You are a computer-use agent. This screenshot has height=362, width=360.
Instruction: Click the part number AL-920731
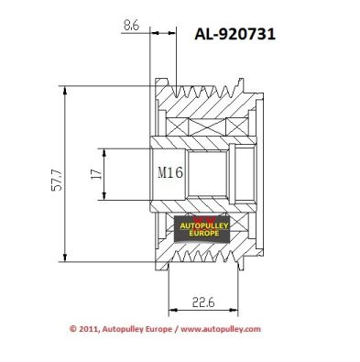click(x=235, y=34)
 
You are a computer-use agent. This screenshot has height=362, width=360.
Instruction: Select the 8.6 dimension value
click(x=131, y=26)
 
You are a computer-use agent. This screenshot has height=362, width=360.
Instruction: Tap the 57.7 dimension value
click(x=57, y=180)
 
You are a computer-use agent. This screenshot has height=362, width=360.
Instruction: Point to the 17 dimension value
click(x=96, y=173)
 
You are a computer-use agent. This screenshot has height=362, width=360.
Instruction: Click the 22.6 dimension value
click(x=203, y=302)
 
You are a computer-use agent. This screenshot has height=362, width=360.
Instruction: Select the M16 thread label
click(x=170, y=172)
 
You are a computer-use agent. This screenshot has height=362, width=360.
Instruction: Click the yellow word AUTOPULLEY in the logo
click(x=204, y=226)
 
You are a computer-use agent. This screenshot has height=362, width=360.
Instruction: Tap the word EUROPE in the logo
click(x=204, y=234)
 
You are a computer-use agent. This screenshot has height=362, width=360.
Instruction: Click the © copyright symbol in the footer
click(x=72, y=329)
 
